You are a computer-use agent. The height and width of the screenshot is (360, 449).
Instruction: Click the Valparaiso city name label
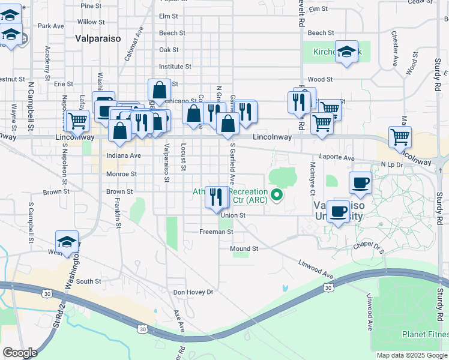(x=98, y=38)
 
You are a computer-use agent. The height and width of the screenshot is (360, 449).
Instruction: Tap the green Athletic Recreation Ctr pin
(x=277, y=194)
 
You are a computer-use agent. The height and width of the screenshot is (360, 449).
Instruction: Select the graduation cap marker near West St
(x=67, y=242)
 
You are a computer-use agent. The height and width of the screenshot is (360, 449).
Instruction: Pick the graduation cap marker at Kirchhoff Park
(x=346, y=52)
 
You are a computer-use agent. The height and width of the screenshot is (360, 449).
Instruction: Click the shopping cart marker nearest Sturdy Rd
(x=400, y=137)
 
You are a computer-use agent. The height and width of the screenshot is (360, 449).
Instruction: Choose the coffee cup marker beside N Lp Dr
(x=360, y=183)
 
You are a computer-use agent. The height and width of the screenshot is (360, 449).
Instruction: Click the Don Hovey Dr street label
(x=193, y=292)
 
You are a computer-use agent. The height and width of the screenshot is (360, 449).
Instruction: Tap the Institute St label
(x=175, y=67)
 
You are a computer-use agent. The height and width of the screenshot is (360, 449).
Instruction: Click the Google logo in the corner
(x=20, y=353)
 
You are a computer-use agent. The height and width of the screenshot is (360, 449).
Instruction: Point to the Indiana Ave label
(x=123, y=155)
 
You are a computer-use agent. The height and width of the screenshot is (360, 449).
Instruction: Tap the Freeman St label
(x=215, y=231)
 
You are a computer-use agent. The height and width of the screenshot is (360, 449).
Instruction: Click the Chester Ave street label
(x=394, y=49)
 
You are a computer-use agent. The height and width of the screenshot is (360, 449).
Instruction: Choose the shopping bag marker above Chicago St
(x=159, y=90)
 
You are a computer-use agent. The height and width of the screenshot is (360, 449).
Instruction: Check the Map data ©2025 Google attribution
(x=412, y=355)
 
